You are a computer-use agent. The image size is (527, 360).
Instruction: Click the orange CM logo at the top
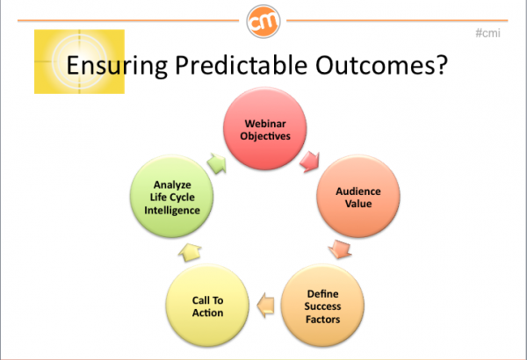(x=263, y=21)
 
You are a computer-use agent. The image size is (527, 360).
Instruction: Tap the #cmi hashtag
(x=487, y=33)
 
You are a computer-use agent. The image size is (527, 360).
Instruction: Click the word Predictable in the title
(x=241, y=65)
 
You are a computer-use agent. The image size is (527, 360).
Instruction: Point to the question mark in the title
(x=441, y=64)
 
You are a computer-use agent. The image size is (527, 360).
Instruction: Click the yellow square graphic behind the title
(x=79, y=61)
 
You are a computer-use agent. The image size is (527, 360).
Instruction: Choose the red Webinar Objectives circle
(x=265, y=128)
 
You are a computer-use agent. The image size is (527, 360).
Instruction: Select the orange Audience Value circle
(x=358, y=197)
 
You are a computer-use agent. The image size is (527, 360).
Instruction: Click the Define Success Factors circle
(x=322, y=306)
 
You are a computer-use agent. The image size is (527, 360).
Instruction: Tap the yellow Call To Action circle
(x=207, y=306)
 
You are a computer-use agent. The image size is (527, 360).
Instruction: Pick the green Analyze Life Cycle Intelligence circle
(x=172, y=197)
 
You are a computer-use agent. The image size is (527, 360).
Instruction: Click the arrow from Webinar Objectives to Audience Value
(x=309, y=162)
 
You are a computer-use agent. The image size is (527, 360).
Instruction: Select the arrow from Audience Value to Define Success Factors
(x=340, y=249)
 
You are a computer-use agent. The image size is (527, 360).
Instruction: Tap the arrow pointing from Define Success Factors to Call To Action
(x=265, y=306)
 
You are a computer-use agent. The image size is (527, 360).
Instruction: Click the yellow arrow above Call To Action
(x=190, y=252)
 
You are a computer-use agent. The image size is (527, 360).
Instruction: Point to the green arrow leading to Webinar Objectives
(x=216, y=163)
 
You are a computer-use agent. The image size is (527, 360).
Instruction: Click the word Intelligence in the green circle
(x=172, y=211)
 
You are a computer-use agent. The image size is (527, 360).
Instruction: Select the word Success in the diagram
(x=322, y=306)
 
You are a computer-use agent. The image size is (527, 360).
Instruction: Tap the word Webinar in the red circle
(x=265, y=124)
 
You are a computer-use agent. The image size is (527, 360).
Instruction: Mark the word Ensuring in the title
(x=117, y=65)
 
